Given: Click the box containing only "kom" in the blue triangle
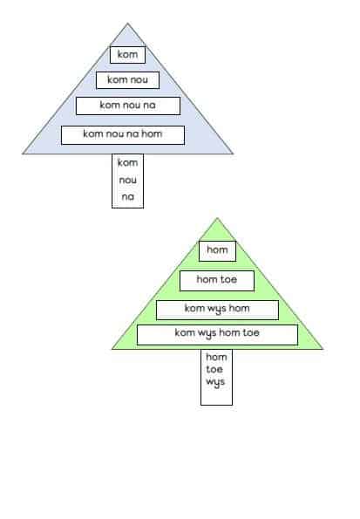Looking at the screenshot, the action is (128, 55).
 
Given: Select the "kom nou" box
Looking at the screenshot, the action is (128, 80).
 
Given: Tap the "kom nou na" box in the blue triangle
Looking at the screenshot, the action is (128, 106).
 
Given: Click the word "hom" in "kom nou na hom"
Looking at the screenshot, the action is (152, 133).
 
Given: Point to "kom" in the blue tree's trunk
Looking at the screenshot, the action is (128, 162).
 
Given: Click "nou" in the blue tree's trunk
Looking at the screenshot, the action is (128, 180).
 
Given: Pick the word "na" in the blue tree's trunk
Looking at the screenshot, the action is (128, 197).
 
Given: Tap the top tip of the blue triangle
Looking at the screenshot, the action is (128, 24).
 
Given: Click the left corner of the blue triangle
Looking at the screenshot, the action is (23, 154).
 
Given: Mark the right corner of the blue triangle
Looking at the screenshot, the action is (233, 154).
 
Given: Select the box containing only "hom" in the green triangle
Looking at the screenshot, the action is (217, 251).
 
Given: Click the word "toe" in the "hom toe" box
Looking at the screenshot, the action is (228, 279).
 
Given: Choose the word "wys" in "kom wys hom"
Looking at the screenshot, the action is (216, 309).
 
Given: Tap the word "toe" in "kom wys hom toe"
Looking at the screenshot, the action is (251, 332).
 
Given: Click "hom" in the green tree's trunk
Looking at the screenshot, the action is (216, 357).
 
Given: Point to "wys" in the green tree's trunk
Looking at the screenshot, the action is (215, 382).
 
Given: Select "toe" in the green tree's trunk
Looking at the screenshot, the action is (214, 369).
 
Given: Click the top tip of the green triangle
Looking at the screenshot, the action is (217, 218).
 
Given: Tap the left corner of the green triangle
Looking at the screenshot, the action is (112, 349).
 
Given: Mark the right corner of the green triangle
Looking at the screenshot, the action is (323, 349).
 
